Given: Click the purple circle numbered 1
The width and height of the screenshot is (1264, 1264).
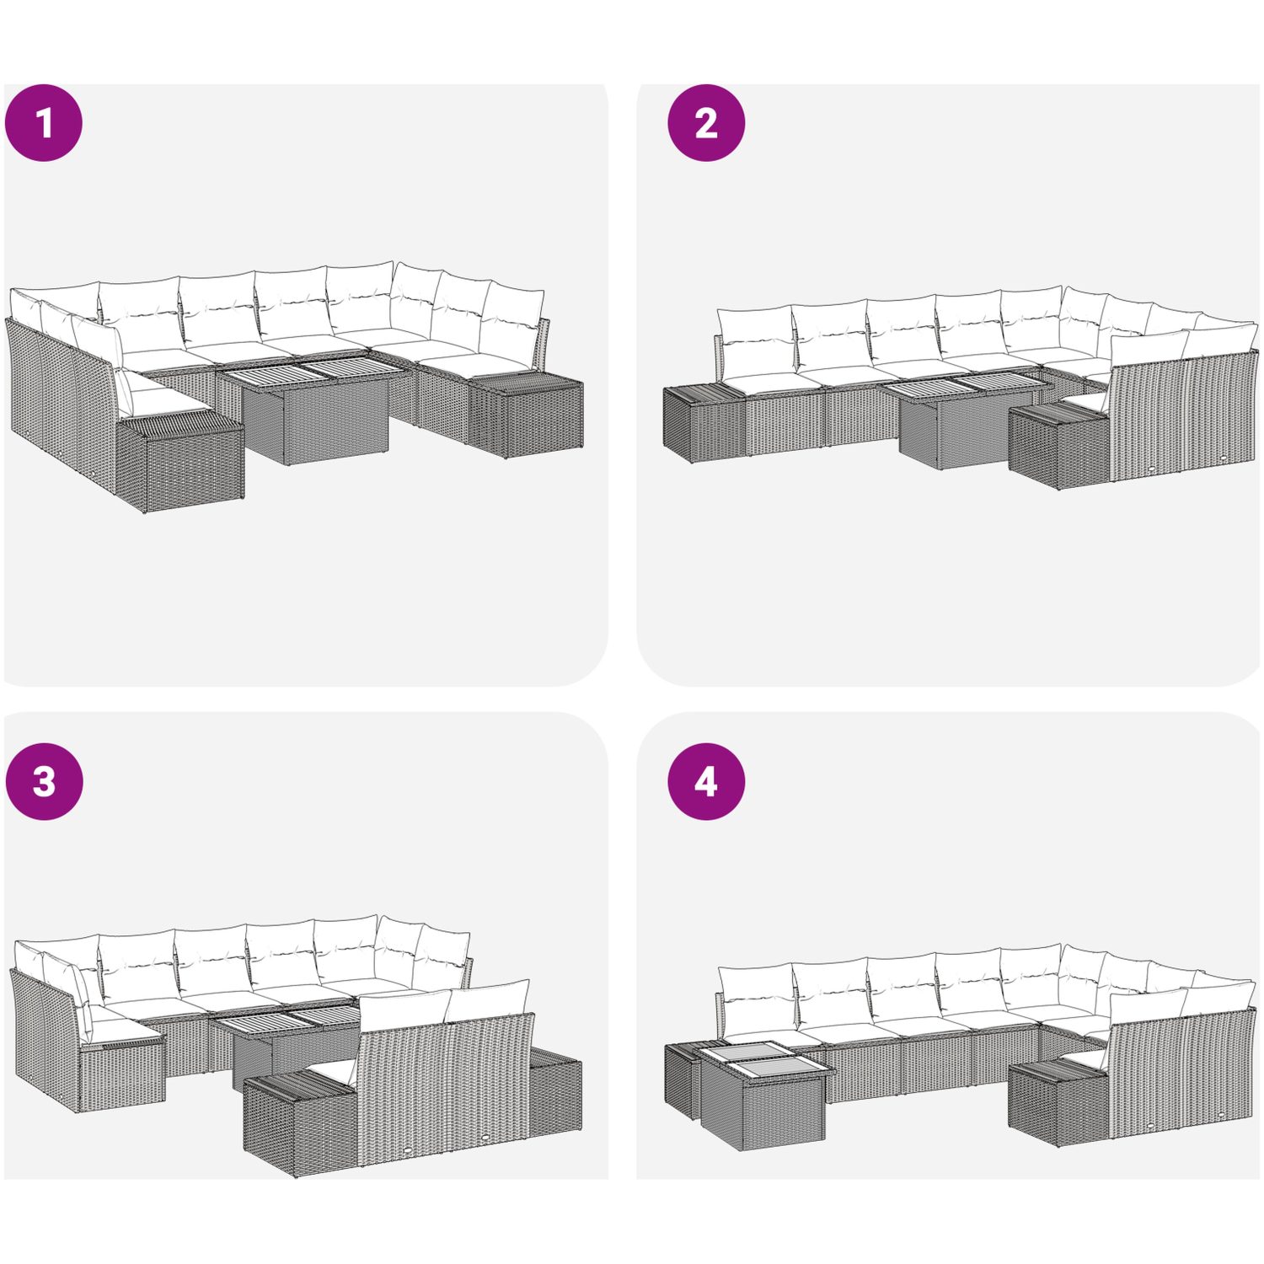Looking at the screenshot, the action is click(x=44, y=123).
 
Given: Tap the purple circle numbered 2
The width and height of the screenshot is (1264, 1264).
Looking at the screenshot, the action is click(x=706, y=123).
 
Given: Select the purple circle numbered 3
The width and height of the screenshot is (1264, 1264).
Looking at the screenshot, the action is click(x=44, y=781).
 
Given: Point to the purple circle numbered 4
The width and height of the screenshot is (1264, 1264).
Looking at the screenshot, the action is click(x=706, y=781).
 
